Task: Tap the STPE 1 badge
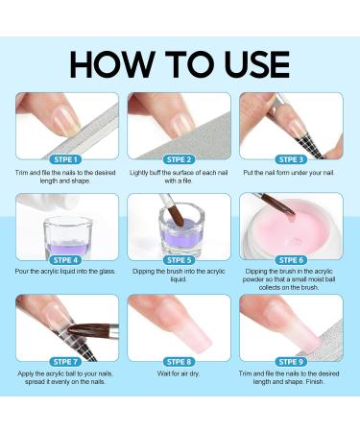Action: pos(67,158)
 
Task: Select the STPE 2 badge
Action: pos(180,158)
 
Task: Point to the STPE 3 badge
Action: pos(292,158)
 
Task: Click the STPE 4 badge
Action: pos(67,259)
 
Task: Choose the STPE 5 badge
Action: pos(180,259)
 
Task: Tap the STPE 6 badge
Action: pos(292,259)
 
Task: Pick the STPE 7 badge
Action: pos(67,360)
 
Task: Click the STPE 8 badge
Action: pos(180,360)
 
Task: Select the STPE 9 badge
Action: pos(292,360)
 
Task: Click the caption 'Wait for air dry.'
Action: pos(180,375)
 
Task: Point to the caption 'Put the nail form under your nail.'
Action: pos(292,174)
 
